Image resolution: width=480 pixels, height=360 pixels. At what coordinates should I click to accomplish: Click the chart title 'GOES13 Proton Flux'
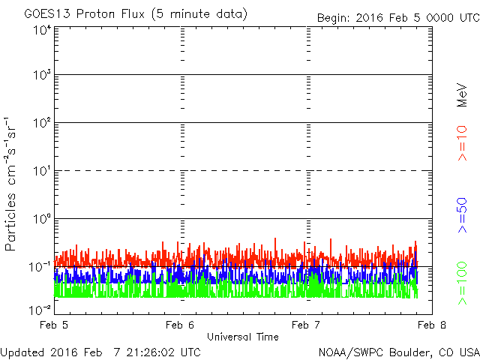[84, 14]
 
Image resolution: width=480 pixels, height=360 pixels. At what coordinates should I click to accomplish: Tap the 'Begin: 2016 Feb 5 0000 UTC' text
[398, 18]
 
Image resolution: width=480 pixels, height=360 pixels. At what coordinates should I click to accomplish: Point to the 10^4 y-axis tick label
[42, 31]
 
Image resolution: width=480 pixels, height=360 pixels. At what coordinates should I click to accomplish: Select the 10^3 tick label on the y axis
[42, 75]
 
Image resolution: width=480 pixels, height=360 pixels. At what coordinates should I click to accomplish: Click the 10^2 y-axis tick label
[42, 123]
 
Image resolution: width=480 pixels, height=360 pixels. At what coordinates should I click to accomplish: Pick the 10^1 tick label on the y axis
[42, 171]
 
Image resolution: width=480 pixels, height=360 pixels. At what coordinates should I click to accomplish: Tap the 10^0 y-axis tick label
[42, 218]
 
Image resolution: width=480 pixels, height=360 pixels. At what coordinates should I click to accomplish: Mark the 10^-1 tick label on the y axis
[40, 267]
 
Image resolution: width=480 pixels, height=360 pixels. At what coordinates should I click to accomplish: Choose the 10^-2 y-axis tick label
[40, 310]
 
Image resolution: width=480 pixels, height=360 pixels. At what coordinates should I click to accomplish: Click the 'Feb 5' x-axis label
[54, 325]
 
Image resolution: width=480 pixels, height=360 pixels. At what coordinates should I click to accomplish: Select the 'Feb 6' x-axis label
[180, 325]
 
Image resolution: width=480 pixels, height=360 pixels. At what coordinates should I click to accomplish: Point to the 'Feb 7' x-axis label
[306, 325]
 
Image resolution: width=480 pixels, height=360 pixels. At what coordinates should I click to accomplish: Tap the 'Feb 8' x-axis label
[432, 325]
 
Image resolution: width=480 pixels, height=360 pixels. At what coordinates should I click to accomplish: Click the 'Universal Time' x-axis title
[243, 337]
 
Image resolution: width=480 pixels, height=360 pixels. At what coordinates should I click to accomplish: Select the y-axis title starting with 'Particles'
[10, 184]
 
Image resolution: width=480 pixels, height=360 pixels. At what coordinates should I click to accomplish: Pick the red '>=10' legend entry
[462, 143]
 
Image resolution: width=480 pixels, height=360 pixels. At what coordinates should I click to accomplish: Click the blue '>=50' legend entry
[462, 215]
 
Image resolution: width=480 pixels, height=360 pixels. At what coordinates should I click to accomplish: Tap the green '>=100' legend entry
[462, 283]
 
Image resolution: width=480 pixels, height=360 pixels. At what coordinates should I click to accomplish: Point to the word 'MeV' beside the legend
[462, 94]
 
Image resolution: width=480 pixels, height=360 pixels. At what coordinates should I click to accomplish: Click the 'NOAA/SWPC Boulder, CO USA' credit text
[399, 352]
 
